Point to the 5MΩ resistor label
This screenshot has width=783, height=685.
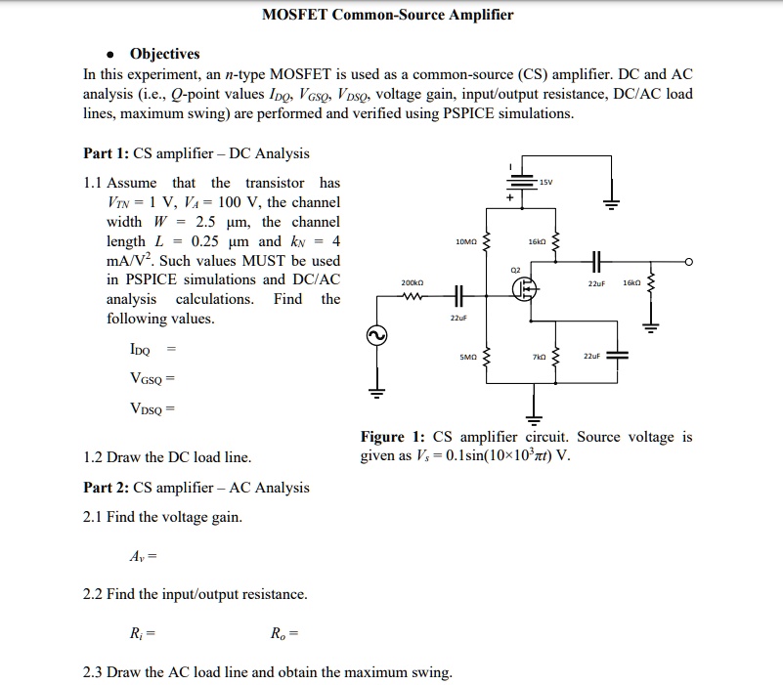point(468,357)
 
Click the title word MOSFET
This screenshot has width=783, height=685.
point(297,15)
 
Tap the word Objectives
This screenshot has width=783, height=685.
point(164,54)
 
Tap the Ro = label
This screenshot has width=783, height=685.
point(283,634)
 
